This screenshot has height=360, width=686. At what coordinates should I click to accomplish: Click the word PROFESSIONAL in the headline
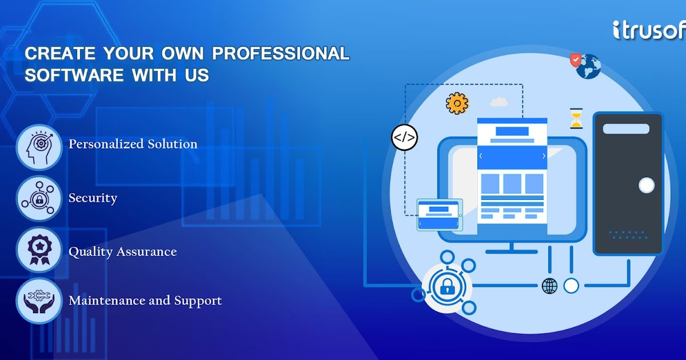click(x=281, y=54)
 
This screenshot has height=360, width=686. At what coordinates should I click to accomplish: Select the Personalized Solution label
click(x=133, y=144)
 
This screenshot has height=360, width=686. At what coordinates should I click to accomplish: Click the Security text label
click(x=93, y=198)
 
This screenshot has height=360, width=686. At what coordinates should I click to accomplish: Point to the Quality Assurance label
click(x=122, y=252)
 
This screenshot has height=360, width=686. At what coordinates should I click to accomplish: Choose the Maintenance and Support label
click(x=145, y=301)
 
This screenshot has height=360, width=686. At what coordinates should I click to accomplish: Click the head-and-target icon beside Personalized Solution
click(x=38, y=147)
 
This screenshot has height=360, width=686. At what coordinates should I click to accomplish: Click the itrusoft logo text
click(x=649, y=30)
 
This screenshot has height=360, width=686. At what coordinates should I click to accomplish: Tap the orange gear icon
click(x=457, y=103)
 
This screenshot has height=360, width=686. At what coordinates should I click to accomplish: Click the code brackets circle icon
click(x=404, y=137)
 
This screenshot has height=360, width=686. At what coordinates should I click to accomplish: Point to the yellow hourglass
click(x=576, y=118)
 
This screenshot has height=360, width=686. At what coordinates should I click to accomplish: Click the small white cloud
click(x=499, y=102)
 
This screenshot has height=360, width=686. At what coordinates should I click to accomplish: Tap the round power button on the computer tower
click(x=646, y=185)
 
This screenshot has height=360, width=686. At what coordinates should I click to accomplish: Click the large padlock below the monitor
click(x=446, y=286)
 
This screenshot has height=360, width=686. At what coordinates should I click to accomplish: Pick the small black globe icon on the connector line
click(x=549, y=286)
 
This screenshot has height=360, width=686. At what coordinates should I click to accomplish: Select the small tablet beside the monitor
click(x=439, y=215)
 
